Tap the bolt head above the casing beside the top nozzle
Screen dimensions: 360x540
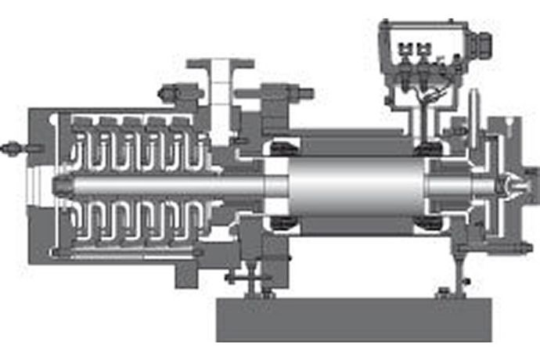coord(167,93)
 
